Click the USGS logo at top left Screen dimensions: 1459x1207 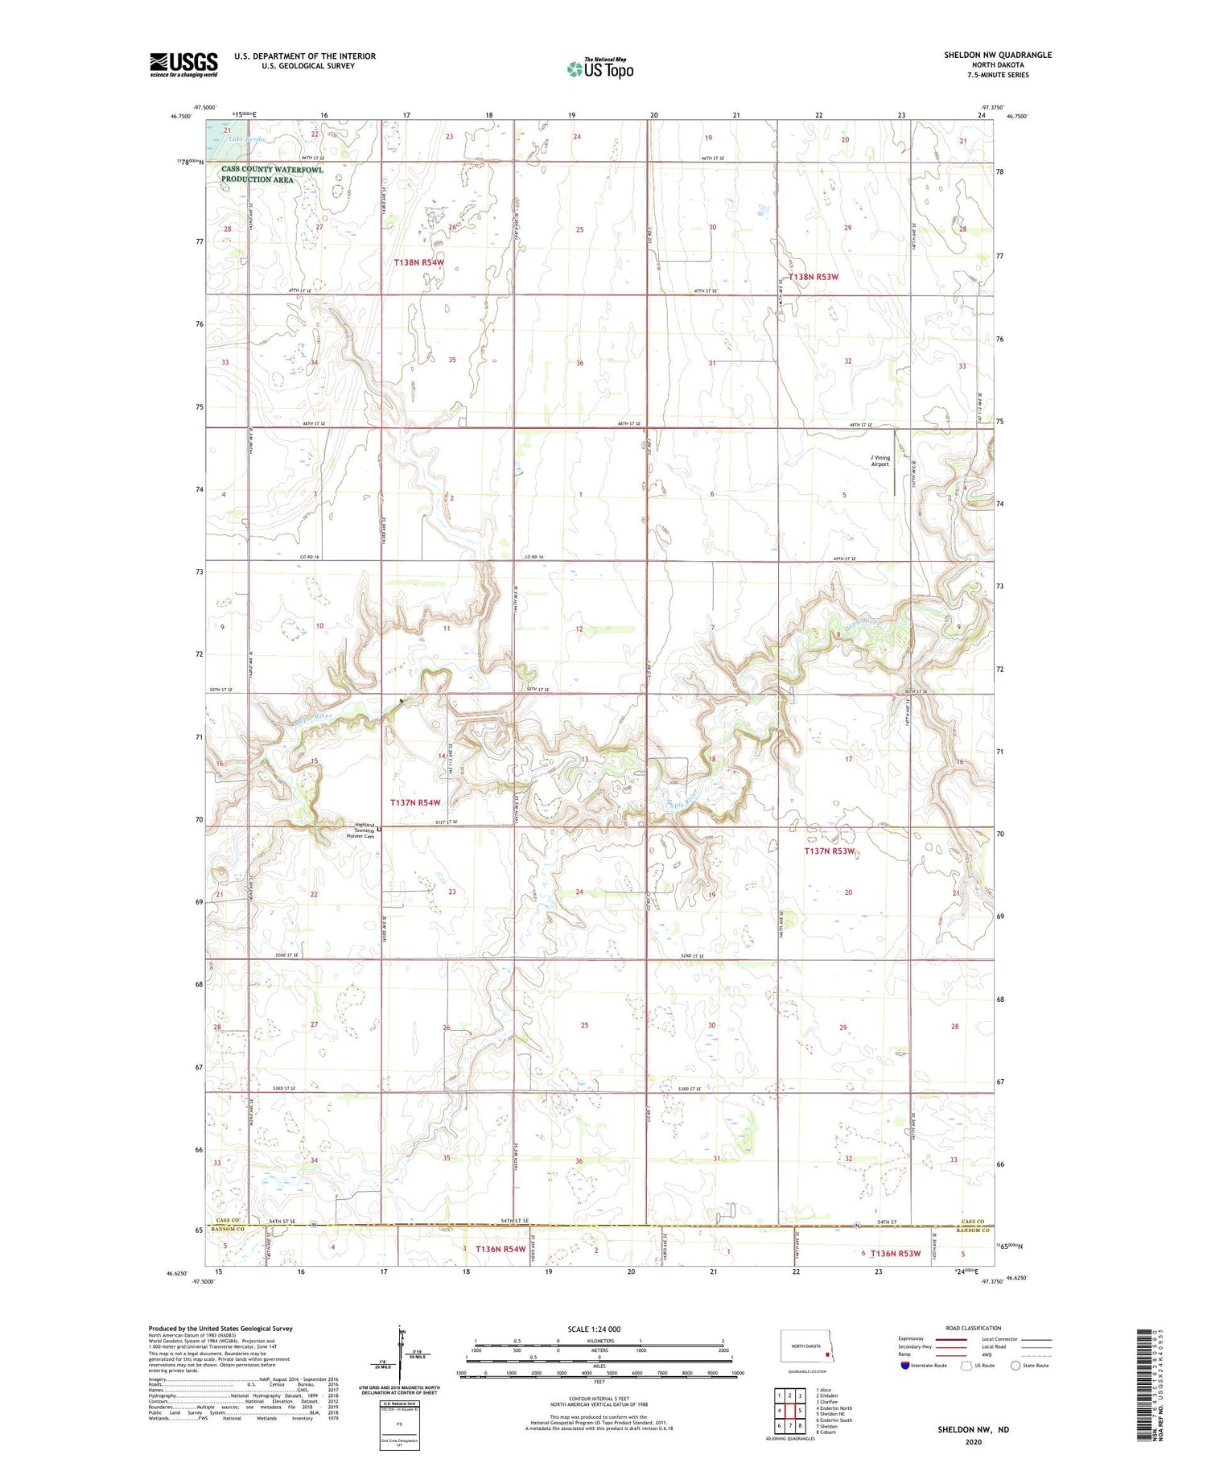[x=183, y=64]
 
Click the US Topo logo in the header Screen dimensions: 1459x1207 [x=600, y=68]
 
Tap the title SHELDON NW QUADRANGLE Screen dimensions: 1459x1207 [x=998, y=55]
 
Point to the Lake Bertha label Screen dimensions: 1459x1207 [x=246, y=139]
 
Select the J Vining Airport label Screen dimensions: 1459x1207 [x=880, y=460]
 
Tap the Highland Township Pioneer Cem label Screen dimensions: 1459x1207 [x=360, y=830]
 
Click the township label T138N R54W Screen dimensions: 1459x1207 [x=418, y=263]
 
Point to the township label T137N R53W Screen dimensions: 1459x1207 [x=829, y=851]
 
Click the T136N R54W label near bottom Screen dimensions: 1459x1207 [x=501, y=1249]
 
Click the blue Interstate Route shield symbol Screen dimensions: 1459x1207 [x=904, y=1366]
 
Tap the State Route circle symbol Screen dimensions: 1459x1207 [x=1015, y=1366]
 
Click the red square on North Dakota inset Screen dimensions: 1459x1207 [x=826, y=1354]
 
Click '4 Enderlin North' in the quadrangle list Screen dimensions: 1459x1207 [x=834, y=1408]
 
